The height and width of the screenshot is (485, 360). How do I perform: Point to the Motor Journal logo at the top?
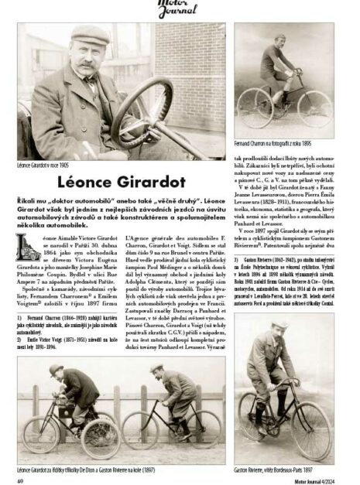180,9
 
